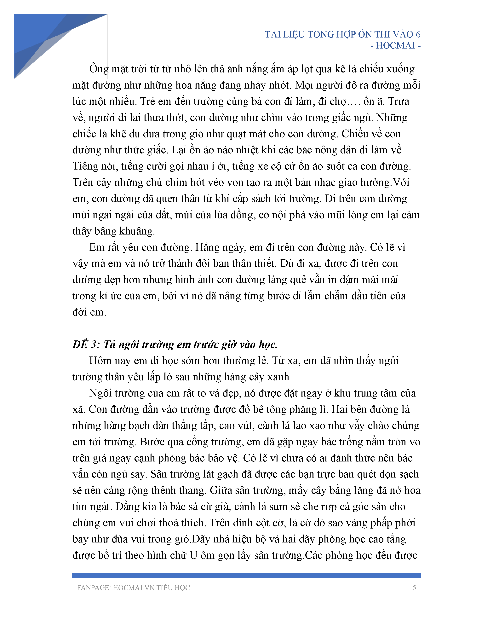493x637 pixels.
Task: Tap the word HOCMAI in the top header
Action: [395, 45]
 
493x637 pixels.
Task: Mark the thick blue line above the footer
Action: [246, 575]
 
